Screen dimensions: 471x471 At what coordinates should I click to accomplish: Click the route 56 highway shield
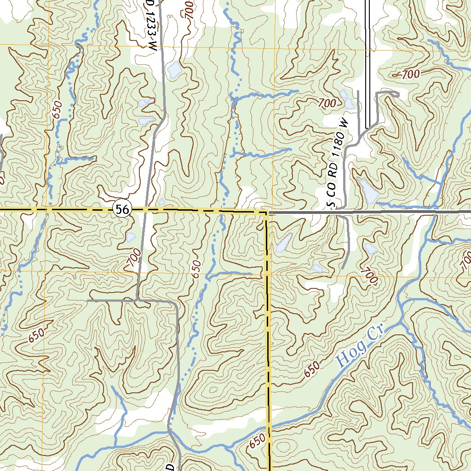(x=122, y=210)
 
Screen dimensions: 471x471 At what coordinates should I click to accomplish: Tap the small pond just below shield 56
(x=130, y=237)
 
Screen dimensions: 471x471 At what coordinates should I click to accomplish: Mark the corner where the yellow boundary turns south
(x=266, y=213)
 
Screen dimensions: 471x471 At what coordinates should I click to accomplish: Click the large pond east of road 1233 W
(x=174, y=69)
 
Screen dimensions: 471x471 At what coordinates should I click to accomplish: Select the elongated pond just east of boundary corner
(x=284, y=242)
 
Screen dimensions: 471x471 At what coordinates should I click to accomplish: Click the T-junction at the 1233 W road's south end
(x=137, y=300)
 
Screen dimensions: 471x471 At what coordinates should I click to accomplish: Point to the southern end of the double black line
(x=368, y=128)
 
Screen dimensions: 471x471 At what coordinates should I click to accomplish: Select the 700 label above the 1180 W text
(x=327, y=103)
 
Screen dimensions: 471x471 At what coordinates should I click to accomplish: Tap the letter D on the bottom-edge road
(x=170, y=467)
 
